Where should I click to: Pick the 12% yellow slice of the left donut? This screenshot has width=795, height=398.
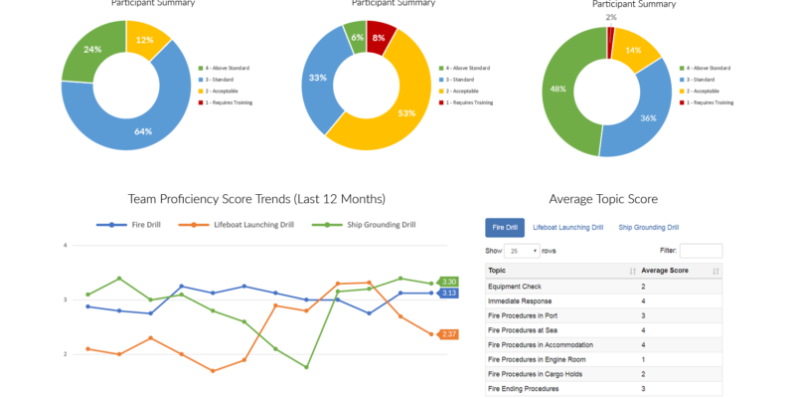point(146,42)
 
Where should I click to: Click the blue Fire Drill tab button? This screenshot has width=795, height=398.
point(504,228)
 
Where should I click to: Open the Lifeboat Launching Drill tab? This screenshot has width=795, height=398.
point(567,228)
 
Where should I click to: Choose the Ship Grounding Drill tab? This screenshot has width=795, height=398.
point(648,228)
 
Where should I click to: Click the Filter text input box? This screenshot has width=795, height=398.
point(701,251)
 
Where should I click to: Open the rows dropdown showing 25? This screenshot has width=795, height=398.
point(522,251)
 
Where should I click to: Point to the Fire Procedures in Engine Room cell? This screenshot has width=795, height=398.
point(538,359)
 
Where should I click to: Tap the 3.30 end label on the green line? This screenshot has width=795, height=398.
point(448,282)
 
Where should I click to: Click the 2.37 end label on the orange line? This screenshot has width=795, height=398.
point(448,334)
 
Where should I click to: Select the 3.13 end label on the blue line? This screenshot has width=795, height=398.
point(448,293)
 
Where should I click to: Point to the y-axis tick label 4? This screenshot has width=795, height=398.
point(65,245)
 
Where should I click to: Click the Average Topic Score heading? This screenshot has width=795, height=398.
point(602,199)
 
